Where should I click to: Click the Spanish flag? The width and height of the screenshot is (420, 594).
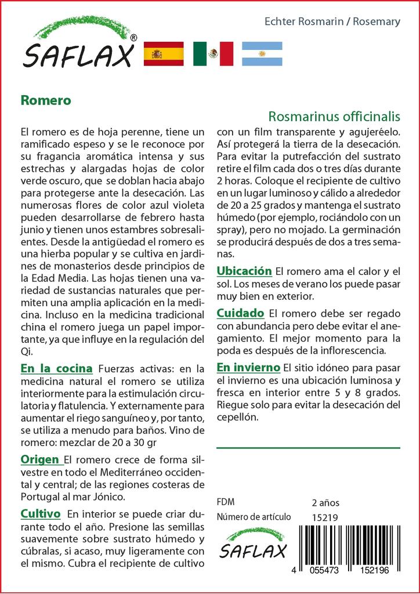[x=163, y=54]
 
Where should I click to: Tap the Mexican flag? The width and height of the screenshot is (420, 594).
[x=213, y=54]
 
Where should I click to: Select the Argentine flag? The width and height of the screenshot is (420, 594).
[x=262, y=54]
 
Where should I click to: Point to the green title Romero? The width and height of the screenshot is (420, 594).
[x=45, y=100]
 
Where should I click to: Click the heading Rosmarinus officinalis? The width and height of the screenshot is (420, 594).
[x=334, y=116]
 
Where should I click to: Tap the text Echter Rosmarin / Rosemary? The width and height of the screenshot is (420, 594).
[x=332, y=21]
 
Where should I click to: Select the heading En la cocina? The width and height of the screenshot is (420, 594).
[x=56, y=368]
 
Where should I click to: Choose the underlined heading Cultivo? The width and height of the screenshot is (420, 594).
[x=41, y=514]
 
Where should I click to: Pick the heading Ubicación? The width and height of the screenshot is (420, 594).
[x=244, y=271]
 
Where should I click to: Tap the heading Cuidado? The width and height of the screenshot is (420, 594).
[x=240, y=313]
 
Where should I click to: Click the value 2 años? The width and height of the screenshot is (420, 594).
[x=325, y=502]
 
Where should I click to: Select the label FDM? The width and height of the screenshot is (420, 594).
[x=225, y=502]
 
